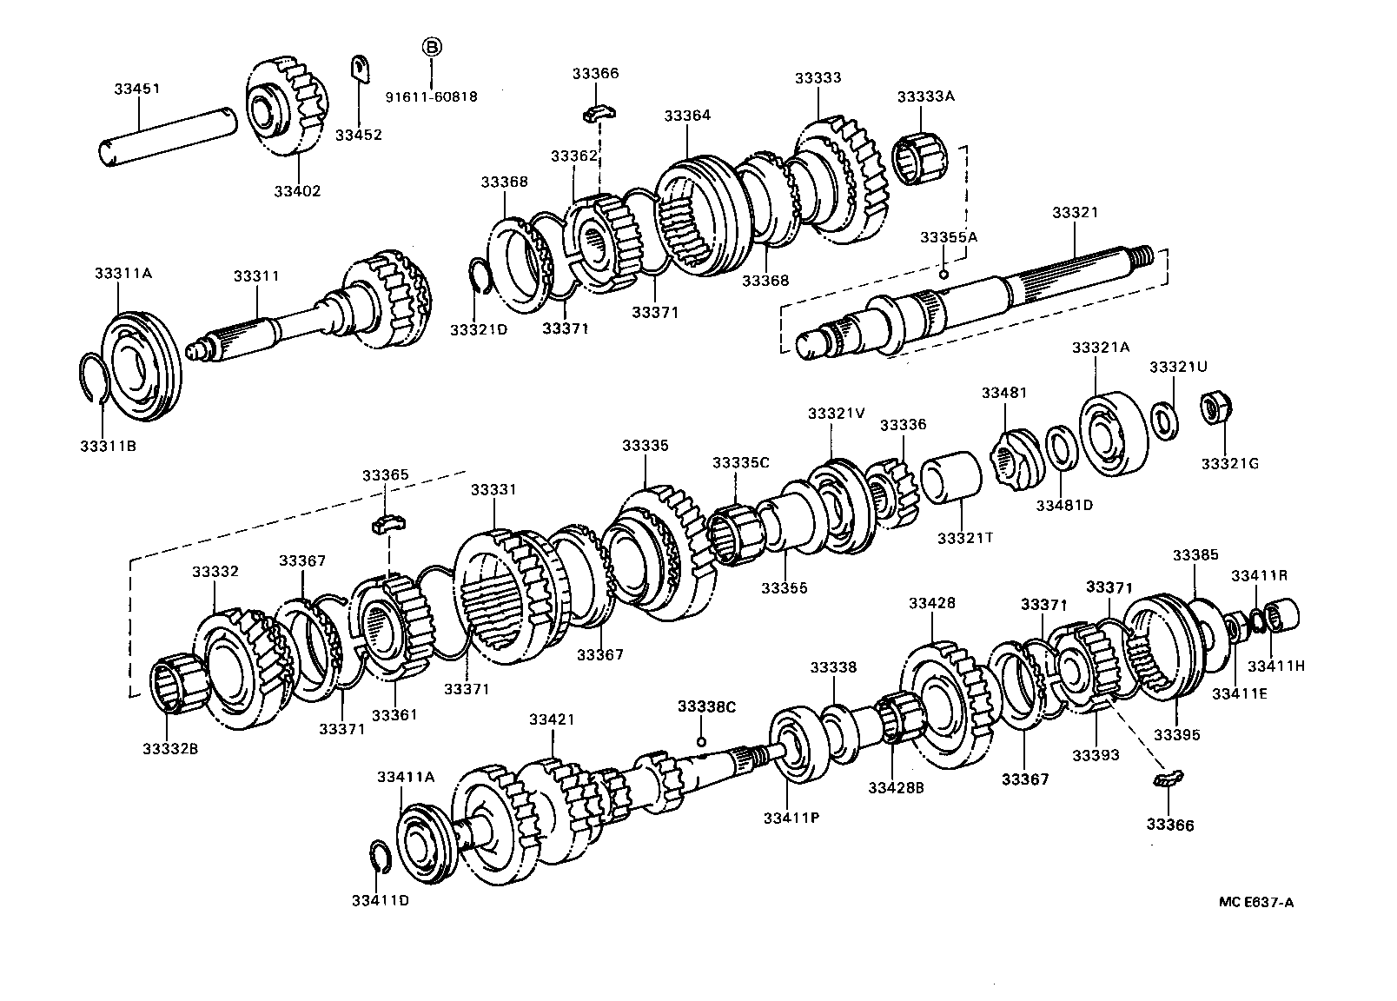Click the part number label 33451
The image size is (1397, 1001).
[x=137, y=89]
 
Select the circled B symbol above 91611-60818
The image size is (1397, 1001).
[x=432, y=47]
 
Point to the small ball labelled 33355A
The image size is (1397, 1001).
[x=943, y=275]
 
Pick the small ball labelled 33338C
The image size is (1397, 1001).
[x=701, y=741]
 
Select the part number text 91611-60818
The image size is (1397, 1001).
[x=431, y=97]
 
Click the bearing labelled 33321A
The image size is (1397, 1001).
[x=1113, y=434]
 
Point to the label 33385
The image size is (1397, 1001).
[x=1195, y=554]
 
